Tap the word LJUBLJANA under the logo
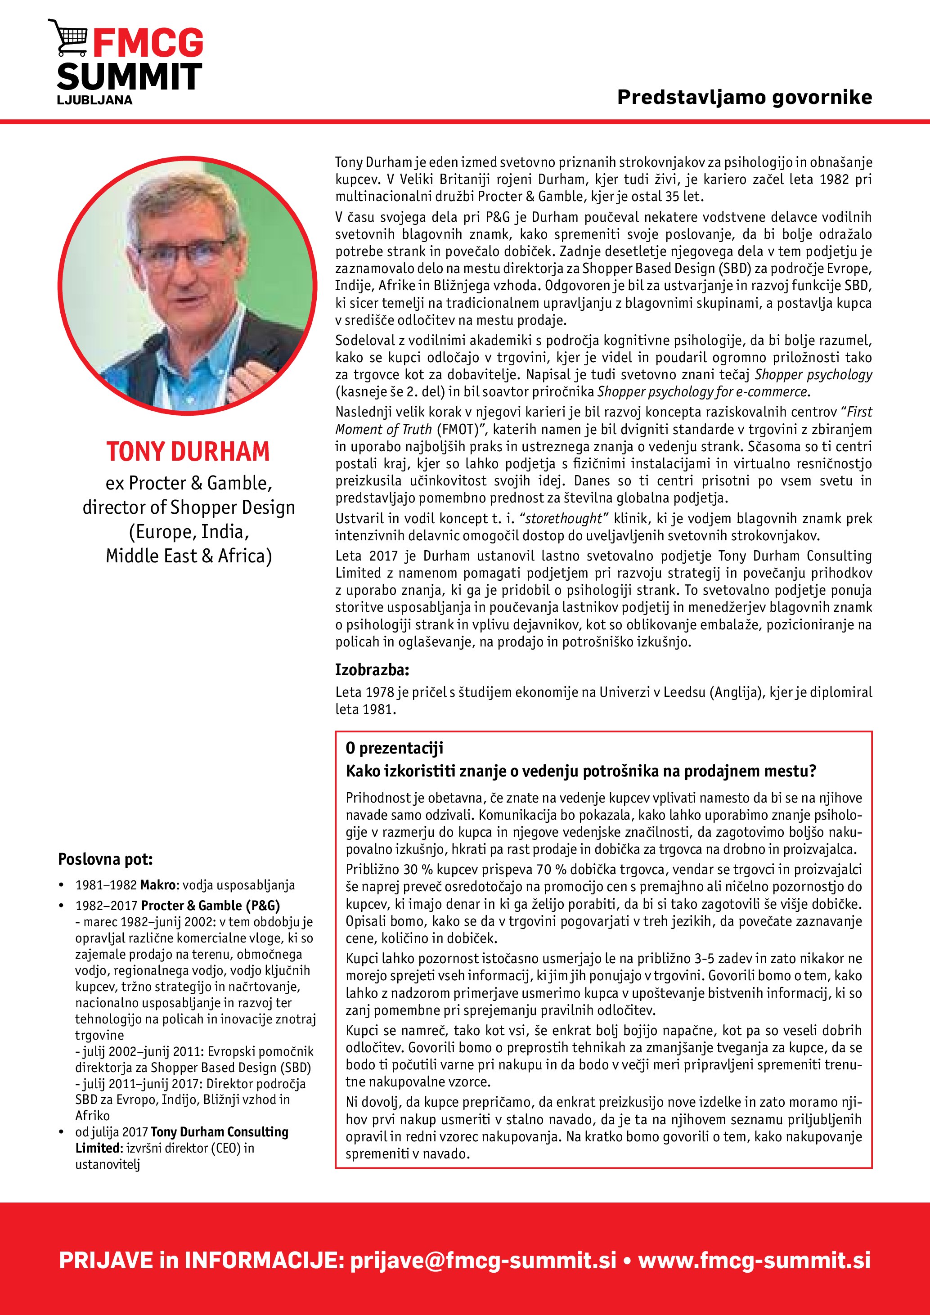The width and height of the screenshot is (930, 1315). (94, 100)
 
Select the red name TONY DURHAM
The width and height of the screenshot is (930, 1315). (188, 451)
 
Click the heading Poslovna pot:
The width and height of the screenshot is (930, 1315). (105, 859)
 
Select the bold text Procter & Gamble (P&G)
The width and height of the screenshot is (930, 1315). (210, 906)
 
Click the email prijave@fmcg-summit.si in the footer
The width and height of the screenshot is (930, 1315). (483, 1260)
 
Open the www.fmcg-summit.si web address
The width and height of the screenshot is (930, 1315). (754, 1260)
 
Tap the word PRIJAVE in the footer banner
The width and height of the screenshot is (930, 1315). (106, 1260)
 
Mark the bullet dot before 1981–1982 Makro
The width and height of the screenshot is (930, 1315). (61, 885)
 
